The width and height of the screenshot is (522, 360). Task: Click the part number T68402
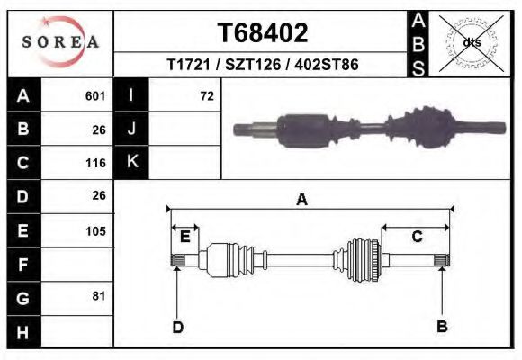pos(263,33)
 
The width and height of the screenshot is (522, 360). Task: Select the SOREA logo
pos(60,41)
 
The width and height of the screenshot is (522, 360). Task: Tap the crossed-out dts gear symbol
pos(471,43)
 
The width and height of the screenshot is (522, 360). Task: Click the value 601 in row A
pos(95,96)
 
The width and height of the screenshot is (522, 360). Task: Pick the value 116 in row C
pos(95,163)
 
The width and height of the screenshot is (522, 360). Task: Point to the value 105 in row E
pos(95,231)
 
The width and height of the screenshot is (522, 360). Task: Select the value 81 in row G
pos(98,296)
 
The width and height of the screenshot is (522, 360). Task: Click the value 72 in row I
pos(207,96)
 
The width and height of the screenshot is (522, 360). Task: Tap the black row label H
pos(23,332)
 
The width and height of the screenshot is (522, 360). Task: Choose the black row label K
pos(131,162)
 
